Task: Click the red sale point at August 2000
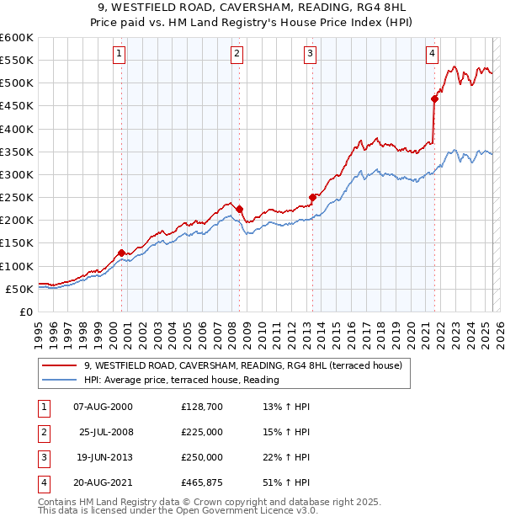[x=121, y=253]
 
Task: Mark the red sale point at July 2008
[x=240, y=209]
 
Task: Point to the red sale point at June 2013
[x=312, y=197]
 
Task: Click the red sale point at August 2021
[x=435, y=99]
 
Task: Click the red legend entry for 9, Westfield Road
[x=244, y=365]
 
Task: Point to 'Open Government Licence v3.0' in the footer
[x=243, y=510]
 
